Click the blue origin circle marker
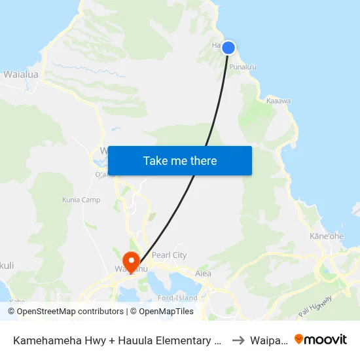pos(228,47)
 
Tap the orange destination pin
pos(132,261)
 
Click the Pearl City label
pos(169,255)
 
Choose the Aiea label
pos(203,273)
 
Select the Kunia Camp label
pos(81,200)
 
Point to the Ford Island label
pos(178,298)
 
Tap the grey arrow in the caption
pos(239,340)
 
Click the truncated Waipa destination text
pos(269,340)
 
